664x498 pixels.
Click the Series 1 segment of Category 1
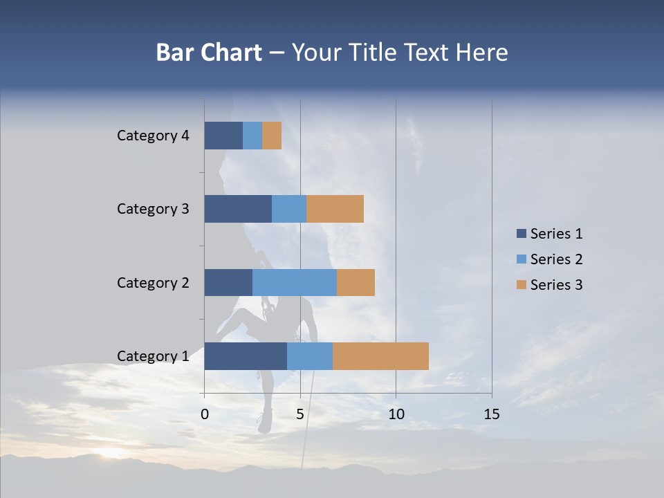246,356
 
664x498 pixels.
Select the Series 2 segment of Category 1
310,356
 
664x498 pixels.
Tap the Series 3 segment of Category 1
380,356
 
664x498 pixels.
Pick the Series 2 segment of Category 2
295,282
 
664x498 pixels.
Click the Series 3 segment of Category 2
356,282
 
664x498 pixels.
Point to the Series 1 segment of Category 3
238,209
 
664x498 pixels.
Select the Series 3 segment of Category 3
335,209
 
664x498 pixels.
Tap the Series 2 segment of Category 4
252,136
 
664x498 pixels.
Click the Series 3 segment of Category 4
272,136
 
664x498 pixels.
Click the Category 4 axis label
153,136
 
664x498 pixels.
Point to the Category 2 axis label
153,282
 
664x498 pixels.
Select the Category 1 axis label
153,356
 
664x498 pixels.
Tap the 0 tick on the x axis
205,414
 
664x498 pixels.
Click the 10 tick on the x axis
396,414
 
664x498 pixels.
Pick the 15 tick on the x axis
492,414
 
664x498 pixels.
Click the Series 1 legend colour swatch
521,234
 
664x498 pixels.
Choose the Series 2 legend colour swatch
521,259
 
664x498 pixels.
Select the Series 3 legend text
556,285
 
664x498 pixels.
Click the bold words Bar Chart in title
209,53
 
